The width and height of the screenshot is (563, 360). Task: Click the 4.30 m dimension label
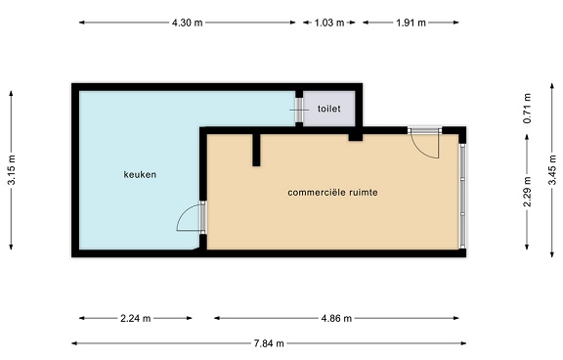[x=187, y=22]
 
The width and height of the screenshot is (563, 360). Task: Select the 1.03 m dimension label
[x=329, y=22]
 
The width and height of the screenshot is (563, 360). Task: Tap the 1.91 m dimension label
[x=411, y=22]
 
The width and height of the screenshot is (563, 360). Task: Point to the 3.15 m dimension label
[x=12, y=169]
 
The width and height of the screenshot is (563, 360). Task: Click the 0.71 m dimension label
[x=527, y=109]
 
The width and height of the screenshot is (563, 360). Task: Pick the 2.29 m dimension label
[x=527, y=192]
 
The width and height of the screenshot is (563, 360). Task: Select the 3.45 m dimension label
[x=552, y=169]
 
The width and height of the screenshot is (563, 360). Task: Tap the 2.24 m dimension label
[x=135, y=318]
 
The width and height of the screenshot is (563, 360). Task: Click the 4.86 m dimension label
[x=336, y=318]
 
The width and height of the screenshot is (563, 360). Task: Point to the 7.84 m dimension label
[x=269, y=343]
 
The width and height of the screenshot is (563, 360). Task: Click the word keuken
[x=140, y=174]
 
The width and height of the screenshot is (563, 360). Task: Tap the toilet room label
[x=328, y=109]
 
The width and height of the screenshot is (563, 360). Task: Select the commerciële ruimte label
[x=332, y=193]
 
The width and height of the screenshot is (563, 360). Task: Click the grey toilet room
[x=329, y=109]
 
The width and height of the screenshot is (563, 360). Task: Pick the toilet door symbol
[x=299, y=110]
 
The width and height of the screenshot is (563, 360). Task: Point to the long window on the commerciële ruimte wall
[x=463, y=197]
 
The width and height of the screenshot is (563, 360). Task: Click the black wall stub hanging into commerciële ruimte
[x=256, y=150]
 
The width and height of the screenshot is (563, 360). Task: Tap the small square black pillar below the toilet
[x=356, y=137]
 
